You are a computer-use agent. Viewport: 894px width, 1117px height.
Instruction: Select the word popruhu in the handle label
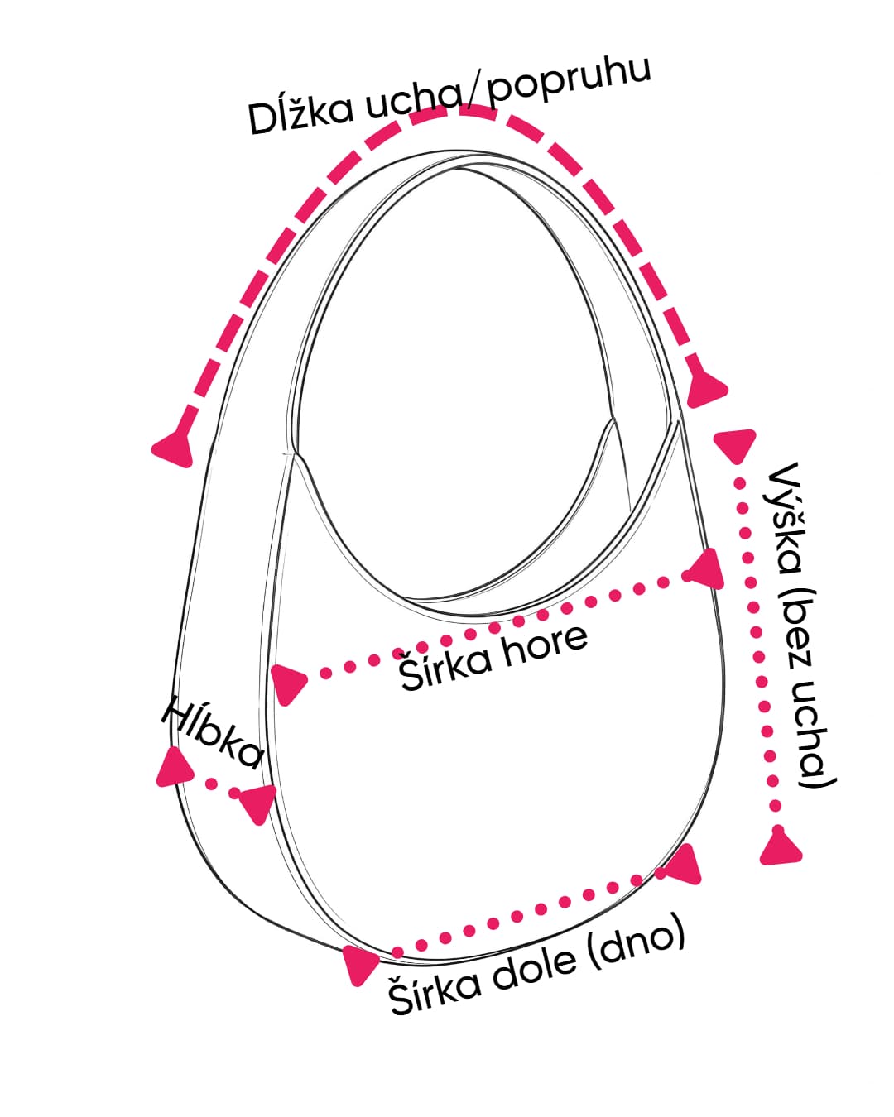point(570,83)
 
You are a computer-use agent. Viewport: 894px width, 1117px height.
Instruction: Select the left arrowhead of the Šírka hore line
point(286,683)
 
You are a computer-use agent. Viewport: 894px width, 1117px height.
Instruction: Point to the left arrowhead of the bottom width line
point(358,965)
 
